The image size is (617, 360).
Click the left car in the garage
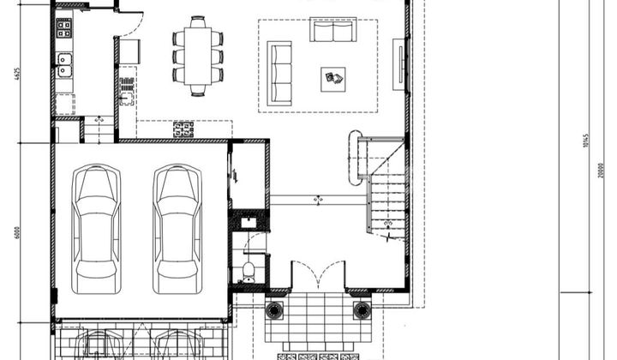[x=96, y=228]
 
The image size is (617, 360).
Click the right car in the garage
[x=177, y=228]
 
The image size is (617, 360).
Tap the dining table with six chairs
[x=196, y=57]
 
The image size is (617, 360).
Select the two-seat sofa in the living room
[x=333, y=32]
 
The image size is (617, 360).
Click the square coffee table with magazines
[x=333, y=79]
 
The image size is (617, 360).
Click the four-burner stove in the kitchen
[x=63, y=28]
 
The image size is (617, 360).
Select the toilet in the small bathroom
[x=248, y=271]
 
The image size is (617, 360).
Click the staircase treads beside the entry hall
[x=387, y=202]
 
